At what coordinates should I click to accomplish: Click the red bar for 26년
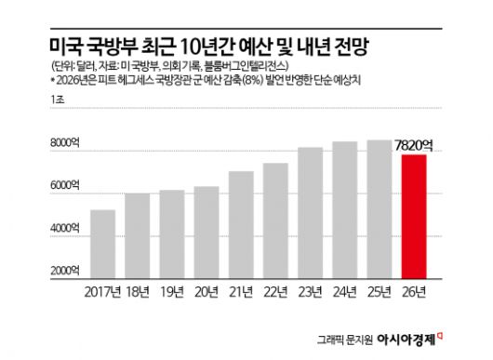(x=414, y=216)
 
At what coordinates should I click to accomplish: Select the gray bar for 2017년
(x=102, y=244)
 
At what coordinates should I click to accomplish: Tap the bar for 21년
(x=241, y=224)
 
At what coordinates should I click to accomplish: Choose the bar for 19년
(x=172, y=233)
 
